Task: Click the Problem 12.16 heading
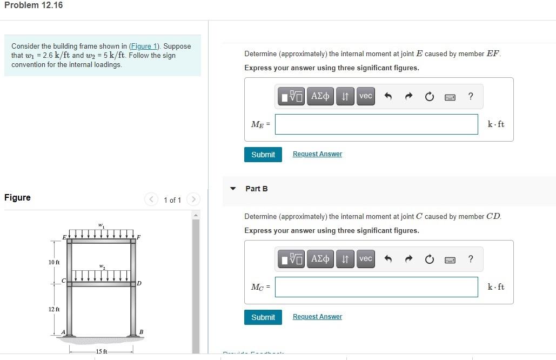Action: click(34, 5)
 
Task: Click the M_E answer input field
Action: click(376, 124)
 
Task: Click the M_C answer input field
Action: click(376, 287)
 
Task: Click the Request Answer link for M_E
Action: click(317, 154)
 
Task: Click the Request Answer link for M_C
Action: click(317, 317)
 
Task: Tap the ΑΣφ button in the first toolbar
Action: click(320, 96)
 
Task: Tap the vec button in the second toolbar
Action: click(366, 259)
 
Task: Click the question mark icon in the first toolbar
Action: click(471, 96)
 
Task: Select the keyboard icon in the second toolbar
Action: click(450, 259)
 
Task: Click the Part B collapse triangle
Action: click(233, 189)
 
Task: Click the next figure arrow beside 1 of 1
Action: click(193, 199)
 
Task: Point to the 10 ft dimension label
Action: click(54, 262)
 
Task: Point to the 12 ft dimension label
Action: click(54, 309)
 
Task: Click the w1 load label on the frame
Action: click(101, 225)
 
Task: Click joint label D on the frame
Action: click(139, 283)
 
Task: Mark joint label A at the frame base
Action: click(64, 332)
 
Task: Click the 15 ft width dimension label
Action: click(102, 352)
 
